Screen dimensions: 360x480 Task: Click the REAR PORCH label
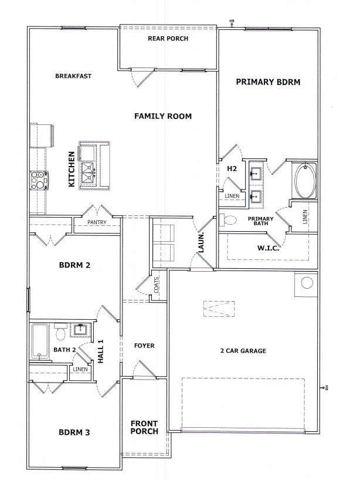pos(168,39)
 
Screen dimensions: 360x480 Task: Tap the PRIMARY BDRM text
pos(268,82)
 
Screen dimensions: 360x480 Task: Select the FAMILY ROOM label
pos(163,116)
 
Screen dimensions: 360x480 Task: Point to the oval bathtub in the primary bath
pos(305,181)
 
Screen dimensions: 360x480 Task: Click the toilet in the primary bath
pos(229,220)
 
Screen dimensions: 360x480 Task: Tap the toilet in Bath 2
pos(61,332)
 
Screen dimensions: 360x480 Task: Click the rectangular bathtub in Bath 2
pos(40,341)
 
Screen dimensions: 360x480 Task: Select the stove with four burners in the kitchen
pos(39,181)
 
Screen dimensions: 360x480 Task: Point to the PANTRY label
pos(97,222)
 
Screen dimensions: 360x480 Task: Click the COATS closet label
pos(157,285)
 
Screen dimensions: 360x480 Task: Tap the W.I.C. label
pos(268,248)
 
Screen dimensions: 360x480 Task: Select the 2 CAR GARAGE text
pos(243,351)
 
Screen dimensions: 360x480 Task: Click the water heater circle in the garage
pos(307,283)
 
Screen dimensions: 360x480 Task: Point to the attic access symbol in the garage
pos(219,309)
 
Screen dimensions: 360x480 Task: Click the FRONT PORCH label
pos(144,427)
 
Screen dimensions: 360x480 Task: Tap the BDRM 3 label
pos(74,432)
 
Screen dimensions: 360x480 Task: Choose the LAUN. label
pos(201,243)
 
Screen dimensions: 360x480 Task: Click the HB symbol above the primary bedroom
pos(232,23)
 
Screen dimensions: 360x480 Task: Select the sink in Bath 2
pos(80,330)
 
